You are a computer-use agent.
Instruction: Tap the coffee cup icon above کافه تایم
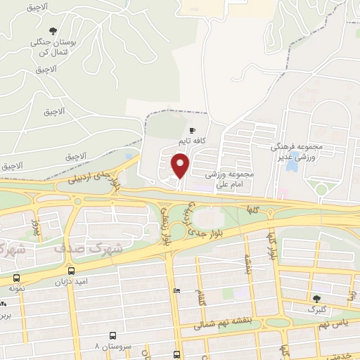coord(192,131)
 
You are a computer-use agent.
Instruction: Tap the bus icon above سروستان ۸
coord(112,336)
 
